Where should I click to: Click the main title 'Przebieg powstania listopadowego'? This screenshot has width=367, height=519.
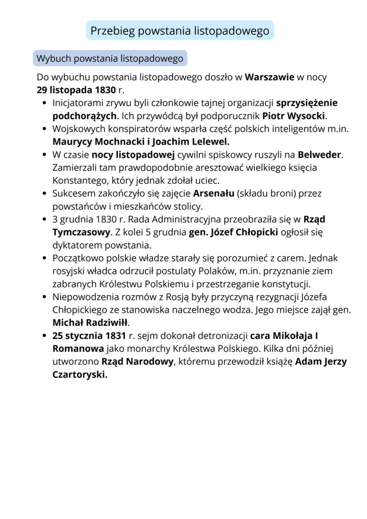pos(180,31)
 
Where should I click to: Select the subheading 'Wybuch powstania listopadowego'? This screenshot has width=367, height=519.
pos(109,59)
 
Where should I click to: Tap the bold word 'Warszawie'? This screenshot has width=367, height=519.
pos(269,78)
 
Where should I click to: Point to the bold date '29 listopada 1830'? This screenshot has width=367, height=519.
pos(76,90)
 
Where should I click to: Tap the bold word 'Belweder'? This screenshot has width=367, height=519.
pos(320,155)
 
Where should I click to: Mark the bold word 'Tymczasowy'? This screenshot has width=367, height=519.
pos(81,232)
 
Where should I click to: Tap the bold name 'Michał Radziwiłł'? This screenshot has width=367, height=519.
pos(90,322)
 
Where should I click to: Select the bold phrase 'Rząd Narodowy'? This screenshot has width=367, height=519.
pos(137,361)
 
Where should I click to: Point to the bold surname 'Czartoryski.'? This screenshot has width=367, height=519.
pos(80,374)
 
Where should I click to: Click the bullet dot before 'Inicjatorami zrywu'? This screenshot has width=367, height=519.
pos(44,104)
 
